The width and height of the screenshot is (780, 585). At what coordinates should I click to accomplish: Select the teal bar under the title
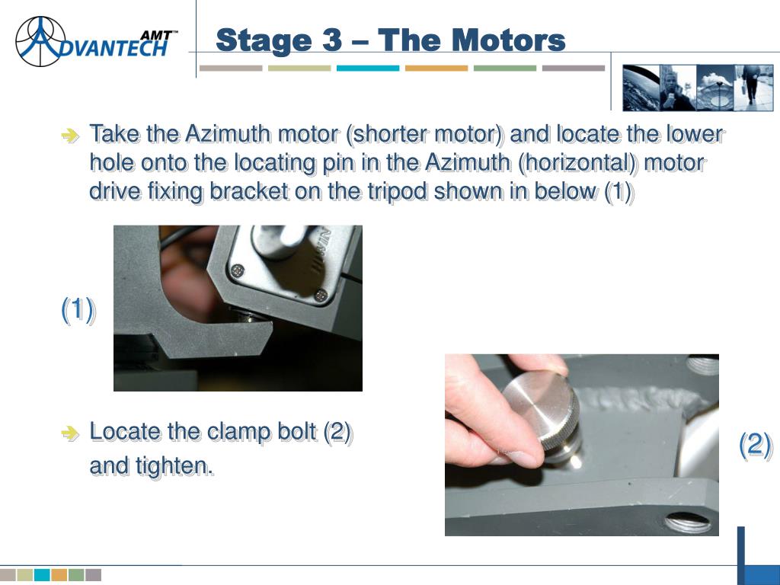368,68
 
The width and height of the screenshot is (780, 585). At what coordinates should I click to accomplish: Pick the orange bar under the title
436,68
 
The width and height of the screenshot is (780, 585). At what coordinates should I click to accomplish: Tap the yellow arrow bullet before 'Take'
70,136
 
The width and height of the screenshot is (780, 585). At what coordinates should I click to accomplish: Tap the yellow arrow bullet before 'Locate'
70,433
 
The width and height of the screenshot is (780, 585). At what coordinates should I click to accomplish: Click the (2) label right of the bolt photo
756,445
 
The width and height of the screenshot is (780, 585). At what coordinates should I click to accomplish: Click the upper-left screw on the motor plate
238,270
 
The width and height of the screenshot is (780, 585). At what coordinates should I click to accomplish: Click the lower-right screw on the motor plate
321,296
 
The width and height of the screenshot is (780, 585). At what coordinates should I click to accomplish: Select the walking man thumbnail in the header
754,88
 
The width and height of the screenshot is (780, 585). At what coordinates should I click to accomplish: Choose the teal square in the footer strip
42,575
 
